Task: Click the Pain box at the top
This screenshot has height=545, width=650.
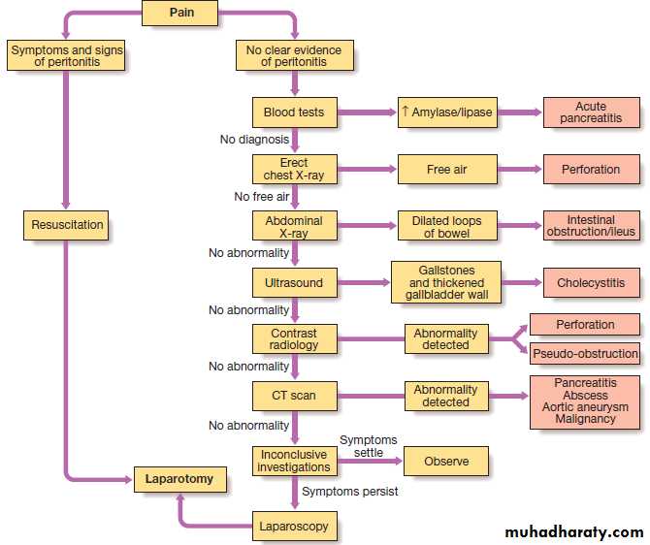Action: (179, 14)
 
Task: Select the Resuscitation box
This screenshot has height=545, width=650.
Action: (67, 225)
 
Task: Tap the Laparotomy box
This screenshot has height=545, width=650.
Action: (179, 479)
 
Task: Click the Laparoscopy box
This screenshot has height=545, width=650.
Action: (294, 527)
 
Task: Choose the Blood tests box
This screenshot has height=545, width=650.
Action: (294, 112)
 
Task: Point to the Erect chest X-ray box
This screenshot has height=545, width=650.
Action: (294, 169)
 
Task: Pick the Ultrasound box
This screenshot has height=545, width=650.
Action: (294, 283)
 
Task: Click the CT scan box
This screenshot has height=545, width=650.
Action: (294, 396)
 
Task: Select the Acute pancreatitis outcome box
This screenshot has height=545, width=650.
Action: (591, 112)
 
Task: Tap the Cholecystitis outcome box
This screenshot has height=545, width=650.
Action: (591, 283)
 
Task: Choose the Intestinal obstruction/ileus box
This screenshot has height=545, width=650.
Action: (591, 225)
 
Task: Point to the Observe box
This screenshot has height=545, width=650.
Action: (445, 462)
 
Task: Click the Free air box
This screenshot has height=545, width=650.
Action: (446, 169)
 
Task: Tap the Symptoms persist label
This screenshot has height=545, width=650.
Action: (349, 492)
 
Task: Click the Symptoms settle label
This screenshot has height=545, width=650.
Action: (368, 447)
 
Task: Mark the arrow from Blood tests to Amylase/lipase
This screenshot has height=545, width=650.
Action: (366, 112)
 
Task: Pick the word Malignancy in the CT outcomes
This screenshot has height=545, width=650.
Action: (586, 419)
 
